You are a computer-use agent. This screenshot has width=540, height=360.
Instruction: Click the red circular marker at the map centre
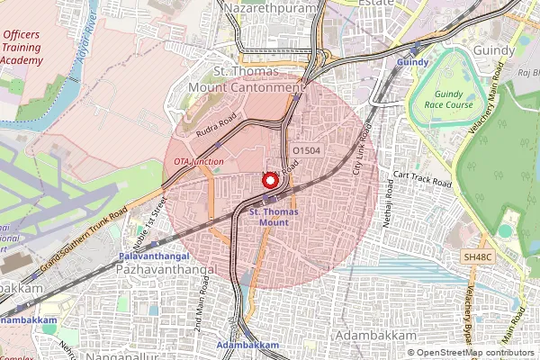pyautogui.click(x=269, y=179)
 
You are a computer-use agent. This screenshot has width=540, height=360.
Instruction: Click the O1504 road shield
pyautogui.click(x=307, y=150)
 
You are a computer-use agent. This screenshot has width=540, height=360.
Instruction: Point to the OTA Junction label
pyautogui.click(x=199, y=160)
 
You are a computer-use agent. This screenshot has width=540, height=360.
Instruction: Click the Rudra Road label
pyautogui.click(x=216, y=122)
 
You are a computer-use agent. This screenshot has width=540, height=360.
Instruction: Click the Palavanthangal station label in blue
pyautogui.click(x=153, y=256)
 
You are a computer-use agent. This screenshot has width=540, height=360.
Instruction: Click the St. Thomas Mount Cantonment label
pyautogui.click(x=247, y=79)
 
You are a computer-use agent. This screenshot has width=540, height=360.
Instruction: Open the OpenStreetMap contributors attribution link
pyautogui.click(x=476, y=353)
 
